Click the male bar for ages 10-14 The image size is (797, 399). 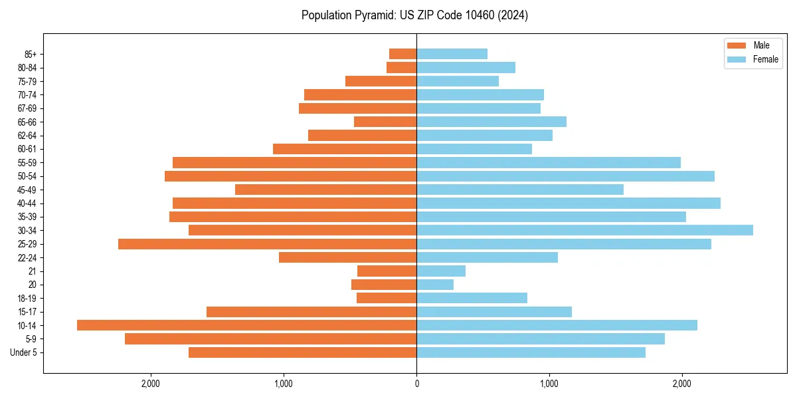[x=246, y=325]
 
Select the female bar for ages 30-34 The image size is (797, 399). [x=584, y=230]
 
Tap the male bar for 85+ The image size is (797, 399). [x=402, y=54]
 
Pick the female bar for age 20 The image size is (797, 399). [x=435, y=285]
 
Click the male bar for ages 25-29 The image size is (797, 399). [x=267, y=244]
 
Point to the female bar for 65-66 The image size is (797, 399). [x=491, y=122]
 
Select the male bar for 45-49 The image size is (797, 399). [x=325, y=190]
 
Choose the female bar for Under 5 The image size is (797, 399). [x=531, y=352]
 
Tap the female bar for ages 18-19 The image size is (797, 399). [x=472, y=298]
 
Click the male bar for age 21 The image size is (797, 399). [x=387, y=271]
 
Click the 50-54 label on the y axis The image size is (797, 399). [x=27, y=176]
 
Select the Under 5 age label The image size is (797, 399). [x=23, y=352]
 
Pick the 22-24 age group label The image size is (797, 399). [x=27, y=257]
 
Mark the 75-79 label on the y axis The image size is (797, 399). [x=27, y=81]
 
